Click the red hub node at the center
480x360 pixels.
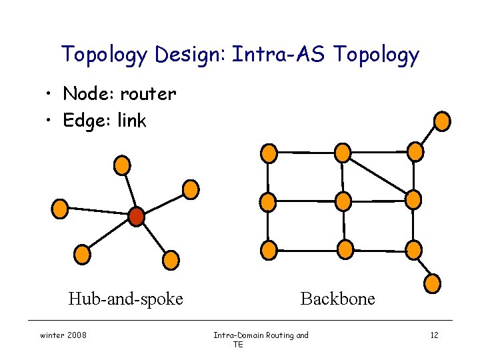(136, 216)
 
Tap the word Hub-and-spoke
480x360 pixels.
(125, 299)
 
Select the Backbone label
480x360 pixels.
(337, 299)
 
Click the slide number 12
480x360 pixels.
(434, 335)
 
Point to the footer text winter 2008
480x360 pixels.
(63, 335)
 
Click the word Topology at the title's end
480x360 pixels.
(377, 55)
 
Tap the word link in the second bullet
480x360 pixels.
(131, 121)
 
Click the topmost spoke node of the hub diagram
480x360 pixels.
(122, 165)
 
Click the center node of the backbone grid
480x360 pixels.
(343, 201)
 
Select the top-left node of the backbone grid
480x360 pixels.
(268, 153)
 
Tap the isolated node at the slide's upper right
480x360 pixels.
(442, 121)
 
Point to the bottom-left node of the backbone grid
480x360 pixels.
(268, 250)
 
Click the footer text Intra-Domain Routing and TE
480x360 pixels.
(261, 339)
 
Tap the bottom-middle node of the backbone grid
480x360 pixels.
(345, 249)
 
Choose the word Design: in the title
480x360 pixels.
(190, 55)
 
